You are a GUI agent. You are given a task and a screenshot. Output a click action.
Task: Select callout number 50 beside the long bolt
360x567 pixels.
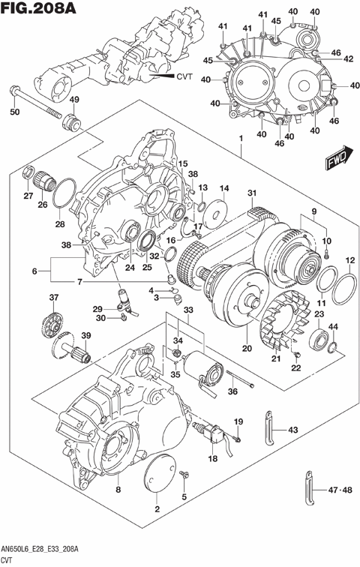coord(13,112)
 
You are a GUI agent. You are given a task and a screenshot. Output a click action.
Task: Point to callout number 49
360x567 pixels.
coord(74,100)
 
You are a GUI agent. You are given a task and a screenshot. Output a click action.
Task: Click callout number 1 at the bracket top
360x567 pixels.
coord(241,139)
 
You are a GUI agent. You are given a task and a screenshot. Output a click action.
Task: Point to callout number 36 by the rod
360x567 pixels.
coord(233,390)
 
